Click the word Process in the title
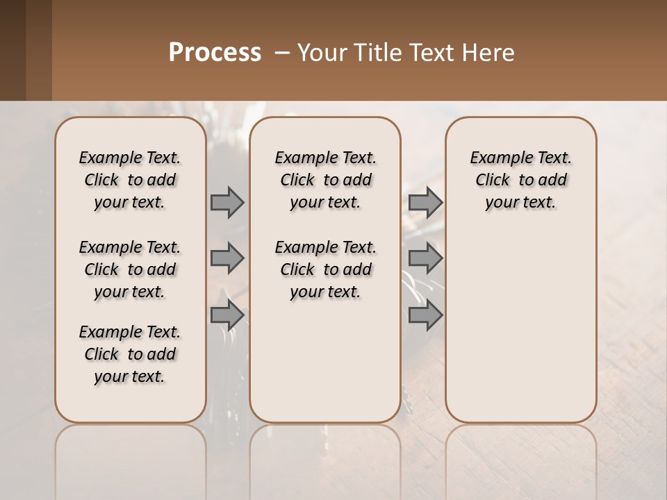tap(215, 52)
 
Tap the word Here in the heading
tap(489, 52)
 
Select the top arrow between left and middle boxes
tap(227, 203)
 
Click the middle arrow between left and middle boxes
tap(227, 259)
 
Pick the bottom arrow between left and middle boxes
tap(227, 315)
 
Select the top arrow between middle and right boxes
tap(425, 203)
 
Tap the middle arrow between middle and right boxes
tap(425, 259)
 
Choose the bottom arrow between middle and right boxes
tap(425, 315)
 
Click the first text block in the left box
tap(130, 180)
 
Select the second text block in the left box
tap(130, 269)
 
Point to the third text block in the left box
tap(130, 354)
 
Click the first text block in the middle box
tap(325, 180)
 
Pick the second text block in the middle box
tap(325, 269)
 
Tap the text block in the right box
tap(520, 180)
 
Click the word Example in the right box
tap(497, 158)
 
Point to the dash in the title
tap(282, 52)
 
